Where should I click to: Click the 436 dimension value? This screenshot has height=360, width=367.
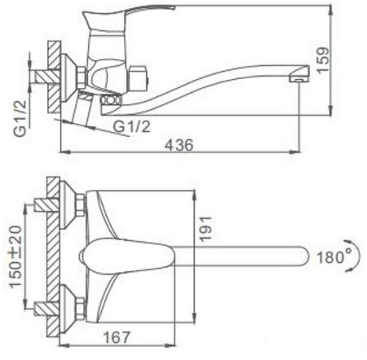[179, 144]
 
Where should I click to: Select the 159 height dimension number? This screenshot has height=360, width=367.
[323, 60]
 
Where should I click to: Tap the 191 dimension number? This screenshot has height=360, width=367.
[206, 229]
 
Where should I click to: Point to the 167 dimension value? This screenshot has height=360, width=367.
[117, 337]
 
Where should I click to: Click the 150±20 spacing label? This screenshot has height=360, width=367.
[15, 257]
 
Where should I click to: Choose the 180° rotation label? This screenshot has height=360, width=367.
[334, 257]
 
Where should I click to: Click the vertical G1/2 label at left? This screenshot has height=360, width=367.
[20, 118]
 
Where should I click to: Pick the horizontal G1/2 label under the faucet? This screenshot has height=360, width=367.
[131, 126]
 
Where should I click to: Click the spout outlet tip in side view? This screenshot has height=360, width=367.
[298, 78]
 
